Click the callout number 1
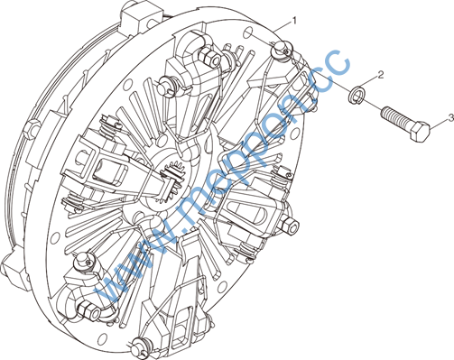pyautogui.click(x=294, y=21)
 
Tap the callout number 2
pyautogui.click(x=381, y=75)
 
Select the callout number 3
pyautogui.click(x=451, y=117)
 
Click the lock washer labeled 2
pyautogui.click(x=356, y=95)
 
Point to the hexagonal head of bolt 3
pyautogui.click(x=420, y=132)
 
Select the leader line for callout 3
pyautogui.click(x=439, y=124)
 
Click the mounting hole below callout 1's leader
pyautogui.click(x=248, y=32)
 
